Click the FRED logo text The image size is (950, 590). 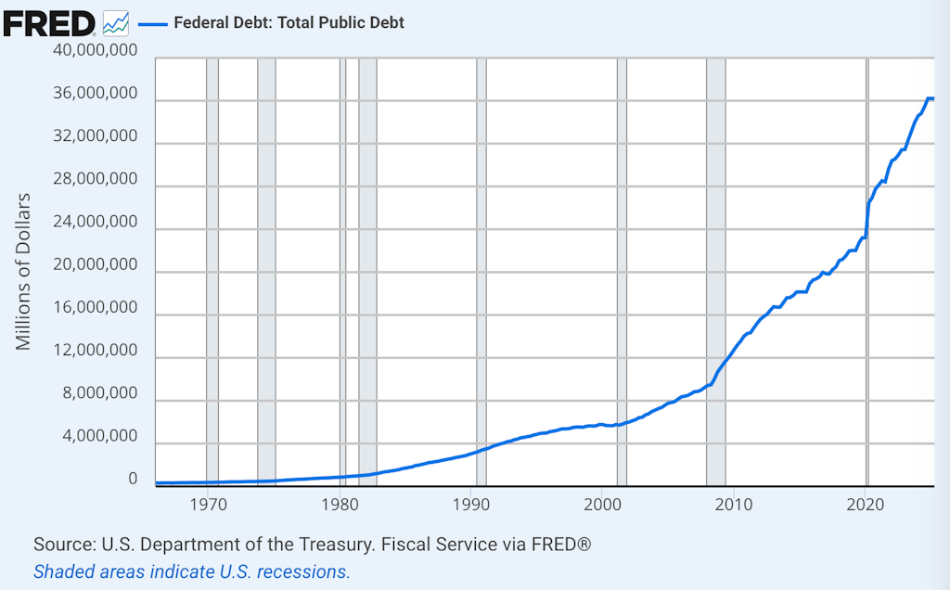tap(48, 22)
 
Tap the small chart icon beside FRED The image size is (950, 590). tap(116, 22)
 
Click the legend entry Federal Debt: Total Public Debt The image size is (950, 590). tap(289, 22)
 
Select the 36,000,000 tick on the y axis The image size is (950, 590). tap(95, 94)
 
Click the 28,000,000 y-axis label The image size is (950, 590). tap(95, 179)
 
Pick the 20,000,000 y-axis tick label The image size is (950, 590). tap(95, 264)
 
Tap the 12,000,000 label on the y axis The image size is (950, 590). tap(95, 351)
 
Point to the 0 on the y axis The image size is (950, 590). tap(133, 479)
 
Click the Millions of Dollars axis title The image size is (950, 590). tap(24, 271)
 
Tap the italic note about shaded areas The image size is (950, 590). tap(192, 571)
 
